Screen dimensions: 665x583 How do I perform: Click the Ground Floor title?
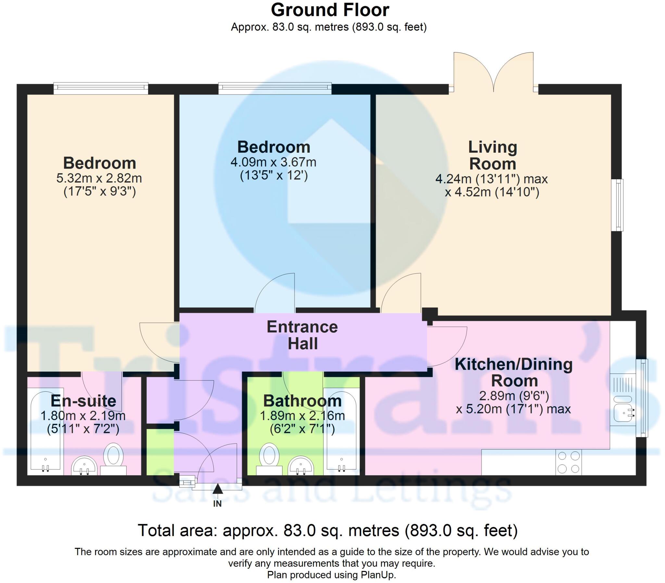coord(330,10)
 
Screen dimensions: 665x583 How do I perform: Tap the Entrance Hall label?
coord(302,335)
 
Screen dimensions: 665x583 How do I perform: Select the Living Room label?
coord(493,156)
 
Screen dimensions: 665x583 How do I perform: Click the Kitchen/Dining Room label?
coord(514,373)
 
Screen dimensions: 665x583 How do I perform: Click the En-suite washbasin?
coord(84,466)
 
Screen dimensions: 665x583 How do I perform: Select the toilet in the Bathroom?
coord(269,459)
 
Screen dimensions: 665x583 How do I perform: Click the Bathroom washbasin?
coord(301,466)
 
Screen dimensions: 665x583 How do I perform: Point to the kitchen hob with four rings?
coord(569,462)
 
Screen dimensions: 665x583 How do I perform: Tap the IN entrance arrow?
coord(218,489)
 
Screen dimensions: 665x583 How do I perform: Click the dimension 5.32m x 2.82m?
coord(99,178)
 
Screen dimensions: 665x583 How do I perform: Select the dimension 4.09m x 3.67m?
coord(273,162)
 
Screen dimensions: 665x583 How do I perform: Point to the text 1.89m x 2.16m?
coord(302,416)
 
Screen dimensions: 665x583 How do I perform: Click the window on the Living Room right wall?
coord(617,205)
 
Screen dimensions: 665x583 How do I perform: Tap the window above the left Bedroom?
coord(101,88)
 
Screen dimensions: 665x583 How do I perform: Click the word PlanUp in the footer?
coord(378,575)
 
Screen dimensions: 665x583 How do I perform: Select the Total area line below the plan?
coord(328,531)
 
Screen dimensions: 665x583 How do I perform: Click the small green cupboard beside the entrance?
coord(160,452)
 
